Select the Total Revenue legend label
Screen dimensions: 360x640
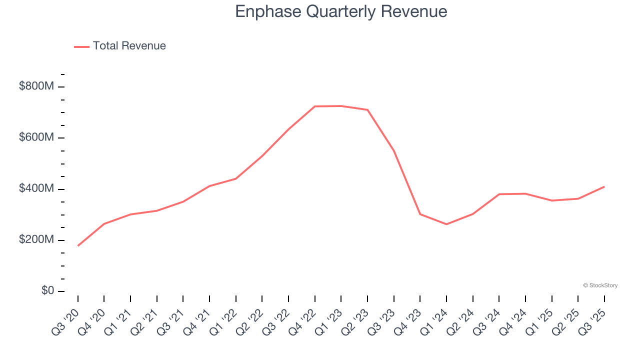click(x=129, y=46)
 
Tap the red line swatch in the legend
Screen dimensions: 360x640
click(x=81, y=46)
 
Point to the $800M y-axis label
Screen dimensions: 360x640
click(x=36, y=86)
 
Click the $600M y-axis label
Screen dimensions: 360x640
click(x=36, y=137)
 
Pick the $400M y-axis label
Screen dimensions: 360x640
click(x=36, y=188)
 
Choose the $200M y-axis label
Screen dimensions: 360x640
click(x=36, y=239)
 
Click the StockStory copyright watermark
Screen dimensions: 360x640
click(x=600, y=285)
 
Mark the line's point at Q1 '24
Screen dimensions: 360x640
click(x=446, y=224)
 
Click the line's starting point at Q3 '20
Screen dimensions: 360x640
click(x=78, y=245)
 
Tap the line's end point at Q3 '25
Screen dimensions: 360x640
click(x=604, y=186)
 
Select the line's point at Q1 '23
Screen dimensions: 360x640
click(x=341, y=106)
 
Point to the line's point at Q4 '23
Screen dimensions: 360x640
click(x=420, y=214)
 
